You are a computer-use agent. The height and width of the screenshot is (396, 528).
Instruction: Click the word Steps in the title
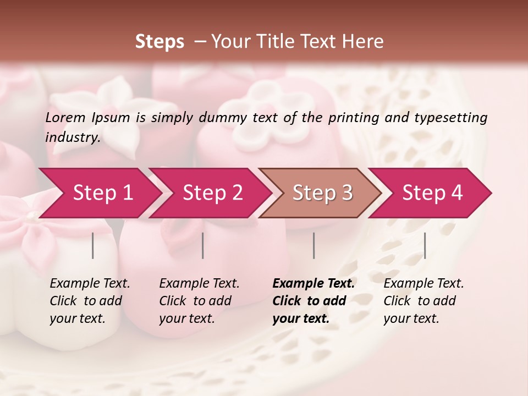click(159, 42)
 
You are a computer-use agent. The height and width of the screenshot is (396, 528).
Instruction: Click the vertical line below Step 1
click(93, 245)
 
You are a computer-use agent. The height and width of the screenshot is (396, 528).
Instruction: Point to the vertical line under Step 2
click(203, 245)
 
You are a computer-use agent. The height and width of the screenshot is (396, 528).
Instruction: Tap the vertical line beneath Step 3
click(314, 245)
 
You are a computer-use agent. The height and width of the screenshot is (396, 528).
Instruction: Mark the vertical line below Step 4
click(425, 245)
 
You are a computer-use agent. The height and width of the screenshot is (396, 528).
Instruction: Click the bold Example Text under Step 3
click(313, 301)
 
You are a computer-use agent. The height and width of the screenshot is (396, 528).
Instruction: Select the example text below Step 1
click(90, 301)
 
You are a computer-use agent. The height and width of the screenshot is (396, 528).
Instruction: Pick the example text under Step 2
click(199, 301)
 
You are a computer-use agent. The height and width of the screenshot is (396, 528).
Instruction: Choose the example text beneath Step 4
click(424, 301)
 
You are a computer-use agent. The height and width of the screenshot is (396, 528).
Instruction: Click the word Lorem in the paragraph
click(65, 117)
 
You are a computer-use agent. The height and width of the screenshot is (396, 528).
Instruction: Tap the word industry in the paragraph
click(72, 137)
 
